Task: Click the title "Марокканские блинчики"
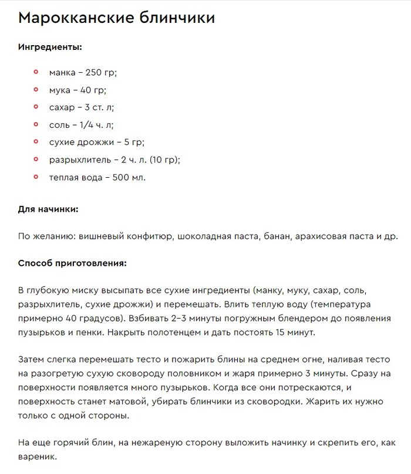pos(117,18)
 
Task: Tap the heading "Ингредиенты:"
pos(50,46)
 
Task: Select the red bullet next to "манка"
pos(36,72)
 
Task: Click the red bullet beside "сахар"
pos(36,107)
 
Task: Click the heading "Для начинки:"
pos(48,208)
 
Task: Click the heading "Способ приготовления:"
pos(72,263)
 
